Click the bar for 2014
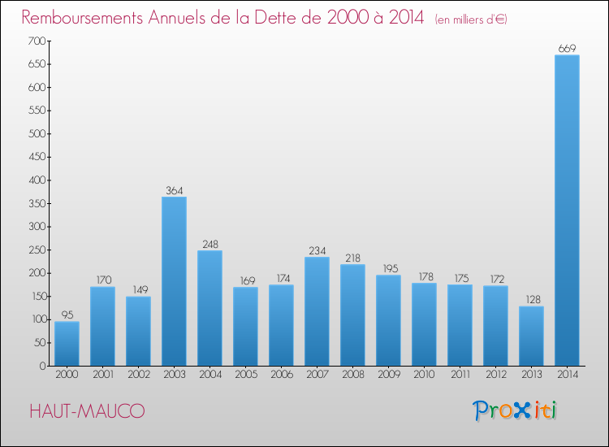pyautogui.click(x=567, y=210)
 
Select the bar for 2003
pyautogui.click(x=174, y=281)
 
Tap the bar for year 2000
pyautogui.click(x=67, y=344)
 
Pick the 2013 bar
pyautogui.click(x=531, y=336)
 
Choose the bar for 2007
pyautogui.click(x=317, y=311)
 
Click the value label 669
pyautogui.click(x=567, y=49)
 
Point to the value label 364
pyautogui.click(x=174, y=190)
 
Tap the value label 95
pyautogui.click(x=67, y=315)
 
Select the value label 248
pyautogui.click(x=209, y=244)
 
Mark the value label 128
pyautogui.click(x=531, y=300)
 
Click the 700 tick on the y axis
pyautogui.click(x=36, y=41)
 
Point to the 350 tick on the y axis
pyautogui.click(x=36, y=203)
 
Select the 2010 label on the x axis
pyautogui.click(x=424, y=375)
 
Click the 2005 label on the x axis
pyautogui.click(x=245, y=375)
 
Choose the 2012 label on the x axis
pyautogui.click(x=495, y=375)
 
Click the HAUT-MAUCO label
pyautogui.click(x=87, y=412)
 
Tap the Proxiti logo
pyautogui.click(x=515, y=410)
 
